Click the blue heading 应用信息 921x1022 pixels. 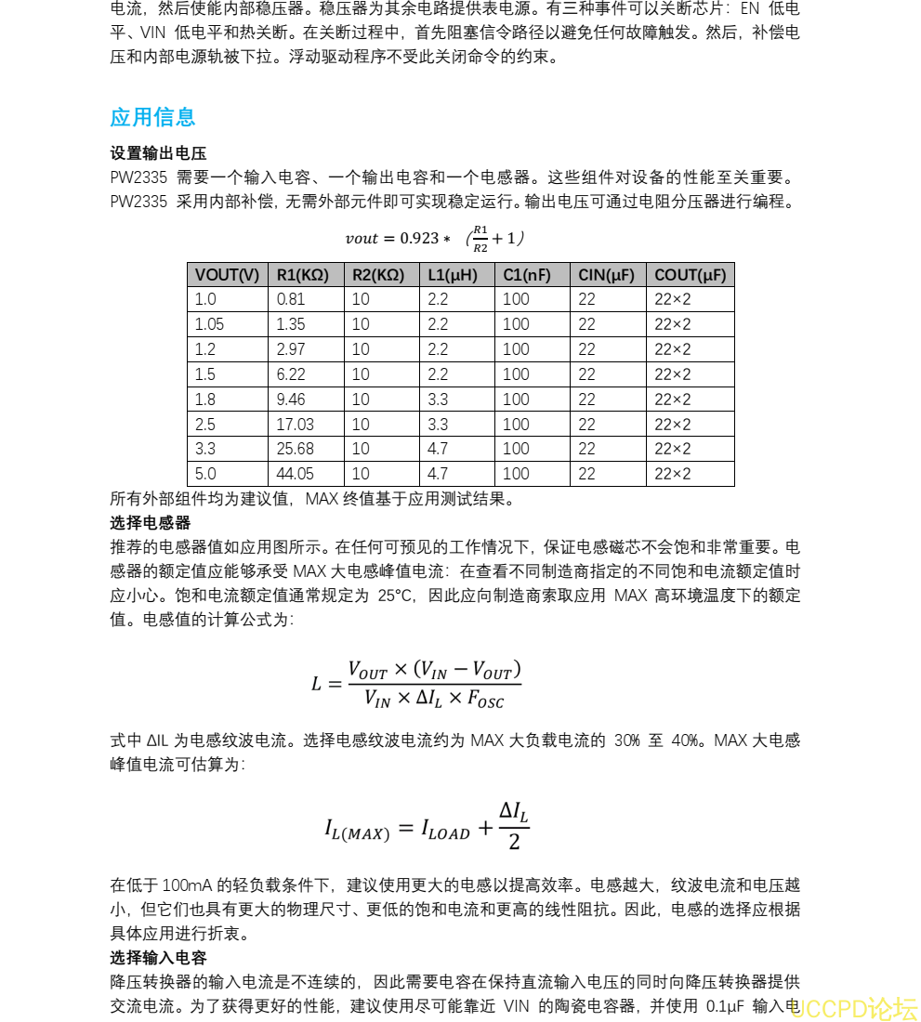(152, 117)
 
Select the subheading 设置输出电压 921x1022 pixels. (158, 153)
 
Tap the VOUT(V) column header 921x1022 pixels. (227, 275)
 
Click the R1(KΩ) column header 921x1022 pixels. (303, 275)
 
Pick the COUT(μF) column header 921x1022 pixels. (690, 275)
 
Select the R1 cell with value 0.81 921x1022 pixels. (291, 299)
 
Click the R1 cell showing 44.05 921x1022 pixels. (296, 474)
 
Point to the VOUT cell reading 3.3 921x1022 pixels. (205, 449)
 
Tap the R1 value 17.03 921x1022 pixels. (296, 424)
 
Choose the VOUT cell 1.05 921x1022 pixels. (209, 324)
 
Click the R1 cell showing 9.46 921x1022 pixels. (291, 400)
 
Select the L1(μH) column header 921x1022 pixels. (453, 275)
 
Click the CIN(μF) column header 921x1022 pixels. (606, 275)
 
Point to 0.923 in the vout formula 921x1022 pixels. (419, 239)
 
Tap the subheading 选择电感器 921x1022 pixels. (151, 523)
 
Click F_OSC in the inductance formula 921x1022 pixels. (486, 699)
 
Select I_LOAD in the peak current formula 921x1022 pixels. (446, 829)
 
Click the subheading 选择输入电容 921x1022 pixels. (158, 958)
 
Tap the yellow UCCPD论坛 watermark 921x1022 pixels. (854, 1008)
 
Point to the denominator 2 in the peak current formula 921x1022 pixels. (514, 842)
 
